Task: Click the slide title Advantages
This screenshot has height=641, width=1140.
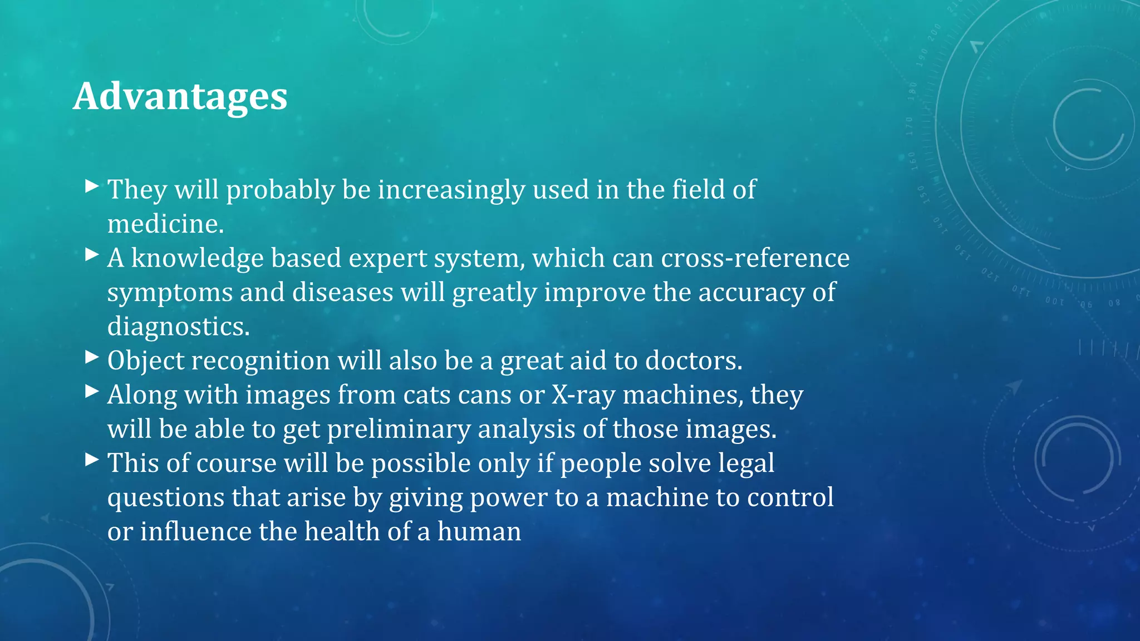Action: tap(180, 96)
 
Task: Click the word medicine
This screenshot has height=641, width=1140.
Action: tap(165, 224)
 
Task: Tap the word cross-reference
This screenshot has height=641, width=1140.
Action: tap(755, 258)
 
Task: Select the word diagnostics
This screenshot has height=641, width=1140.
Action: tap(178, 327)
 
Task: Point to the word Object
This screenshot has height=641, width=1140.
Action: tap(146, 361)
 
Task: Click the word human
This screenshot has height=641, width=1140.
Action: tap(479, 531)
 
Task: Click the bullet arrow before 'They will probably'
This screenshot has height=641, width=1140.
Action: tap(92, 186)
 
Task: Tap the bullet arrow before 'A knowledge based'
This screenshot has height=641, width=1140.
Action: tap(92, 255)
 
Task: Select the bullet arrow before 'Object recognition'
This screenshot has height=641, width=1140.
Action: tap(92, 357)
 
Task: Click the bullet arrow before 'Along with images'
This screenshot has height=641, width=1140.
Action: tap(92, 391)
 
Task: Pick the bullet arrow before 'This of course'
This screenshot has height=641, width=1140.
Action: tap(92, 460)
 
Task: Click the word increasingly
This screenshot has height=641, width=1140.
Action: tap(451, 190)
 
